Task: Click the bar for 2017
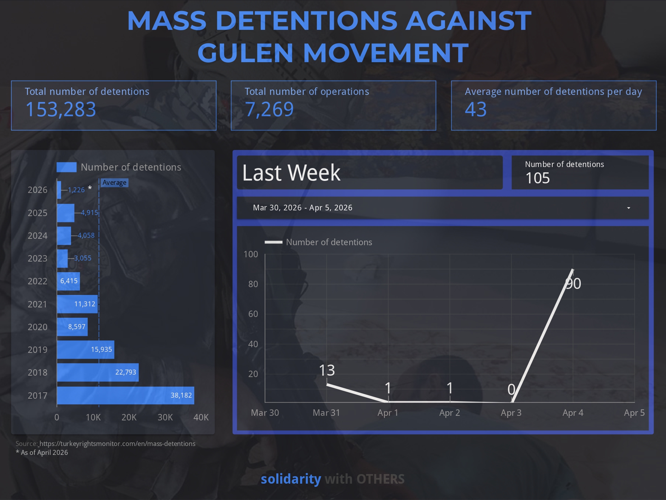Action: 125,396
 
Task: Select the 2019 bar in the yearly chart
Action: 85,350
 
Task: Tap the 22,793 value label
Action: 125,372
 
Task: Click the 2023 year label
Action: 37,258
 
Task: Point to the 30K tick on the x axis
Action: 165,417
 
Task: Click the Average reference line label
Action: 114,183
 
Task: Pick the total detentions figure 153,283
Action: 61,109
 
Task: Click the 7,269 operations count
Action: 269,109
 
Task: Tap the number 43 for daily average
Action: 476,109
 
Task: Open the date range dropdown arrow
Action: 628,208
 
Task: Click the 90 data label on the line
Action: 573,284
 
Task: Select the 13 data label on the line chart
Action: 327,370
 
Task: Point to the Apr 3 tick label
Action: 511,413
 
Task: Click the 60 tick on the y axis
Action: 253,314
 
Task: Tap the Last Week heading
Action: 291,173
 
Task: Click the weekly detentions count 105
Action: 537,178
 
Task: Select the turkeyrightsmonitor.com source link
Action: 117,443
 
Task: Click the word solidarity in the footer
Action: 291,479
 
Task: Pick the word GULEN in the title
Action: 245,53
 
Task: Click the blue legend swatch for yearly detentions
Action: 66,167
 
